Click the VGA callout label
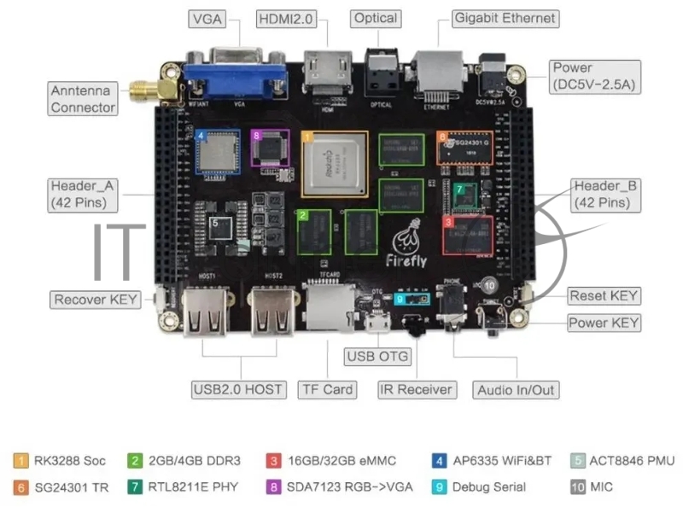208,19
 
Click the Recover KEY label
96,300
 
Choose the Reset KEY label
604,296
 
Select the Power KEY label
604,323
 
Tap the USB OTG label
377,356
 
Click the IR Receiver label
416,389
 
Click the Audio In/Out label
516,390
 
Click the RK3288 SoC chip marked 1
334,165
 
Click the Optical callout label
376,18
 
